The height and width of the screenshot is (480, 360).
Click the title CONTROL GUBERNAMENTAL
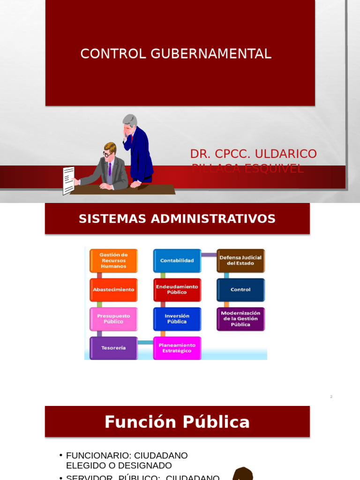pos(176,54)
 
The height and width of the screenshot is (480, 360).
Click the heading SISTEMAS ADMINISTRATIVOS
pos(177,219)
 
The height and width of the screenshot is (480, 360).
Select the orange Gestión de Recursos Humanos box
pos(113,261)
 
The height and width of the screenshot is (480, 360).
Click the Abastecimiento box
pos(113,290)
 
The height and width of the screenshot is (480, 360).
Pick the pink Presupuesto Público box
pos(113,319)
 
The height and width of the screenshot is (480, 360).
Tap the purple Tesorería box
pos(113,348)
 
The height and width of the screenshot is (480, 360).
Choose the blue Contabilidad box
pos(177,261)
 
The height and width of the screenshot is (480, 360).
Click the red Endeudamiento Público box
pos(177,290)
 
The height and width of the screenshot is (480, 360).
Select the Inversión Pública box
pos(177,319)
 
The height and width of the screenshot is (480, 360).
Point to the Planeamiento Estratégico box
pos(177,348)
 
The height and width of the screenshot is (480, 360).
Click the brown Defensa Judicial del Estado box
pos(240,261)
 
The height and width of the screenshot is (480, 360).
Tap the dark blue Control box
pos(240,290)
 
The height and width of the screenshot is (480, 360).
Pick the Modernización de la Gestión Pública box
pos(240,319)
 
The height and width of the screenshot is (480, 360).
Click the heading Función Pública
pos(177,422)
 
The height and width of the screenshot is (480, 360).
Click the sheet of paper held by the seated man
pos(68,180)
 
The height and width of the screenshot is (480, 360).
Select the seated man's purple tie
pos(110,168)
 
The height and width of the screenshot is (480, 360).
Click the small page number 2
pos(331,397)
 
